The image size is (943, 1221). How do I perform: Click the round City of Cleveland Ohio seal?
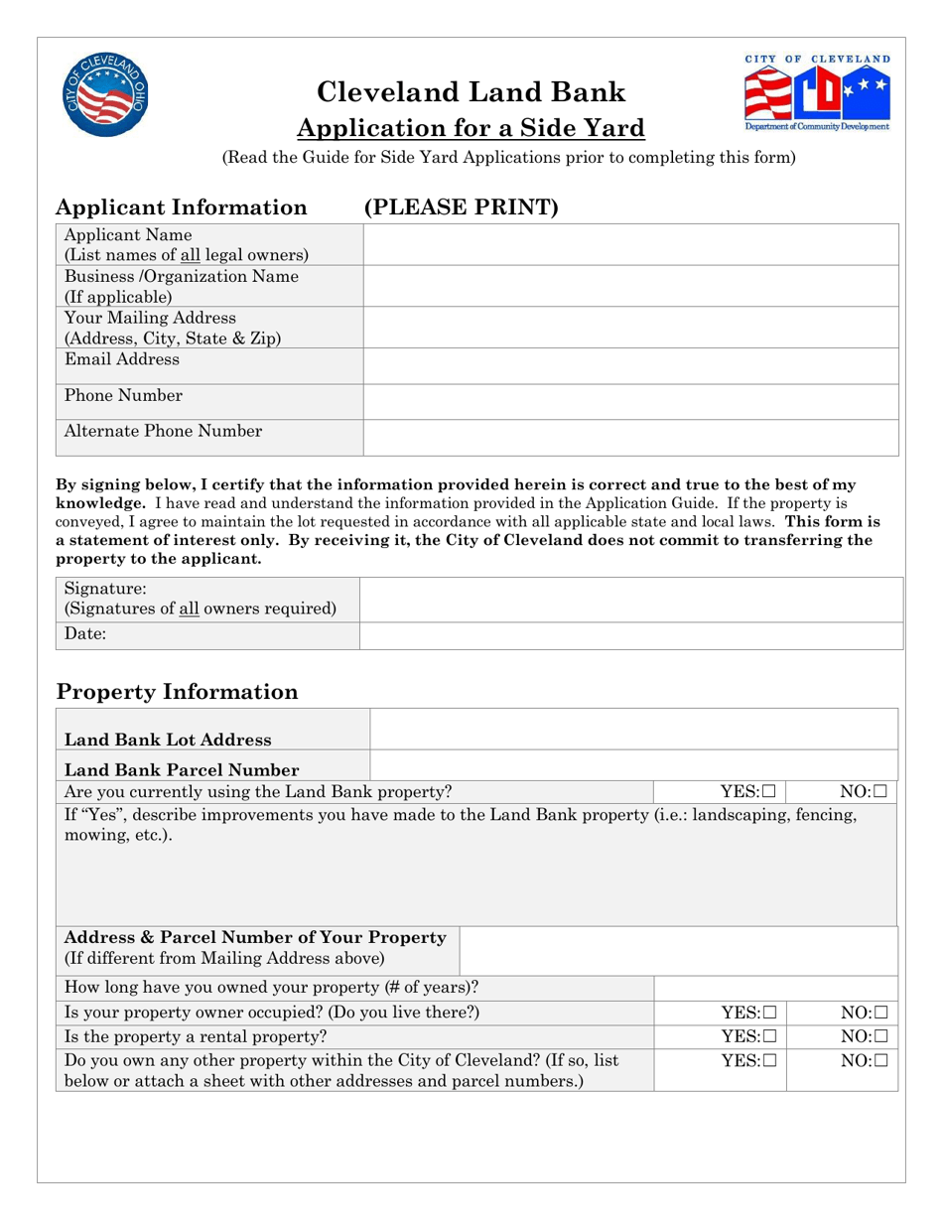click(103, 95)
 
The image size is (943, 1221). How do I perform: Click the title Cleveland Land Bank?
click(471, 92)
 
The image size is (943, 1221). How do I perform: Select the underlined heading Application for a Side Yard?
click(471, 128)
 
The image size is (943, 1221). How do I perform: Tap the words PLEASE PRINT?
click(462, 207)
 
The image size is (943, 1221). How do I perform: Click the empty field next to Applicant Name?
click(630, 245)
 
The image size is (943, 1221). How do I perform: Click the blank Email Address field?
click(630, 365)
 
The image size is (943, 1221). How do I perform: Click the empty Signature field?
click(630, 600)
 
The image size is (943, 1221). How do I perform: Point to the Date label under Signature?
click(85, 634)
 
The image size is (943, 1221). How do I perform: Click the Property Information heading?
click(177, 692)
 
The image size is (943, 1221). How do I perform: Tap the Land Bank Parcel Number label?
click(182, 770)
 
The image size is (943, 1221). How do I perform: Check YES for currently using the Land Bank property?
click(769, 792)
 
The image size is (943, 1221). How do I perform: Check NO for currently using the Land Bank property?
click(880, 792)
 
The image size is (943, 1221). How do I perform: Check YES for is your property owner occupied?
click(769, 1014)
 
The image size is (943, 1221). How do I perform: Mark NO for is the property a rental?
click(880, 1036)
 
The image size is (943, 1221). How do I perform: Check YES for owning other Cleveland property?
click(769, 1060)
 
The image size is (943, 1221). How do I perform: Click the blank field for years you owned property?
click(774, 988)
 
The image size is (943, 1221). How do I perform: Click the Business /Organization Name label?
click(181, 277)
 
